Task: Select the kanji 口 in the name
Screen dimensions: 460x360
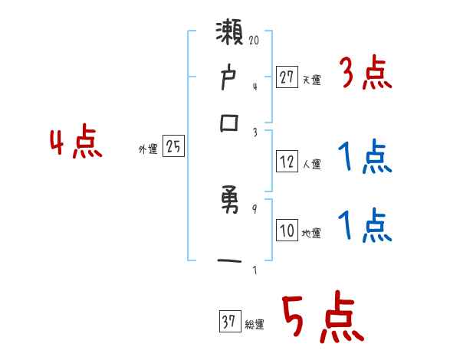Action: tap(231, 123)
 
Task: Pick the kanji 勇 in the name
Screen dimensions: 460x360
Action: tap(232, 204)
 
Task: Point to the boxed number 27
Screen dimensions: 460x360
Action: tap(287, 77)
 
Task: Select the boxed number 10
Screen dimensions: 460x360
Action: tap(287, 231)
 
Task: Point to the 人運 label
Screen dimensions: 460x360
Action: tap(311, 164)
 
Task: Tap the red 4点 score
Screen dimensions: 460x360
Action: tap(75, 144)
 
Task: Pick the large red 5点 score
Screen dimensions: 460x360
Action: tap(321, 318)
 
